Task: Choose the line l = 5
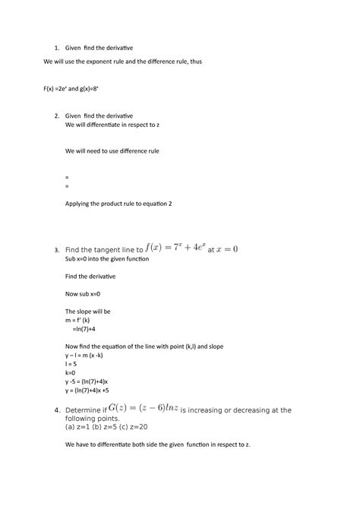pos(74,364)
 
